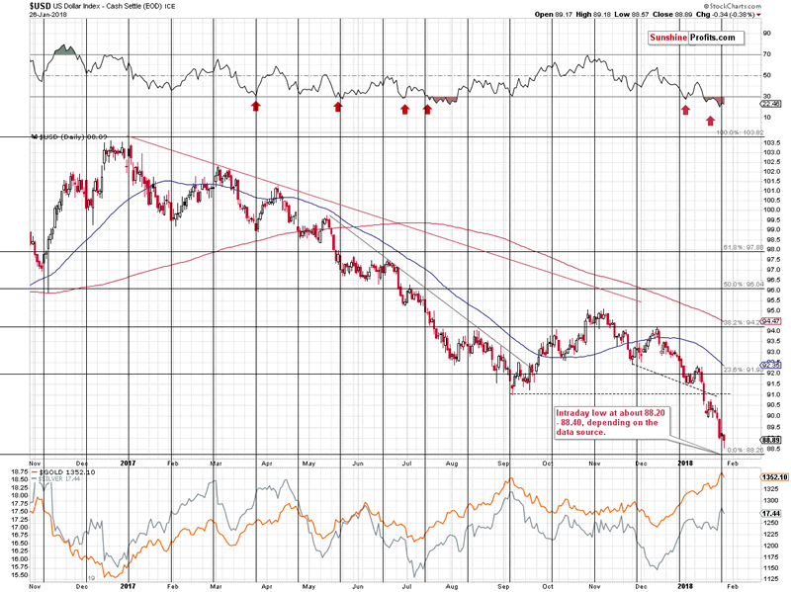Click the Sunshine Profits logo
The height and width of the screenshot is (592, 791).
click(x=695, y=38)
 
